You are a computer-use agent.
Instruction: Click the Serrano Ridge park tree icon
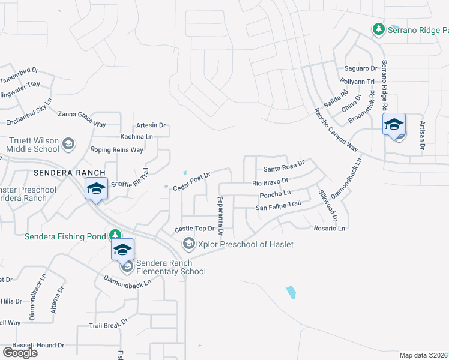coord(378,29)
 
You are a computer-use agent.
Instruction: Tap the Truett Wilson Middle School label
coord(34,145)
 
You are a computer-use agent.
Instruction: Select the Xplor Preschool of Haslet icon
coord(189,243)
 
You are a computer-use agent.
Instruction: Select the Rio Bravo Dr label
coord(271,181)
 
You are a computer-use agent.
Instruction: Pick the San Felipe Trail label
coord(278,207)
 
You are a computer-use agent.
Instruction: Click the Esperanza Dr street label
coord(220,215)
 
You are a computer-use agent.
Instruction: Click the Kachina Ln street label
coord(137,137)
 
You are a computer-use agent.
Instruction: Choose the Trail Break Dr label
coord(109,324)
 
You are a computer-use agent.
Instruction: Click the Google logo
coord(20,352)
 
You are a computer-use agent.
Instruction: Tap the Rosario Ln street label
coord(330,228)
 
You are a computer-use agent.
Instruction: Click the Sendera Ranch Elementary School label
coord(171,267)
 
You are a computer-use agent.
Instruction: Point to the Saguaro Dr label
coord(360,69)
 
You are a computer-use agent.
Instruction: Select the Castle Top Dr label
coord(194,229)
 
